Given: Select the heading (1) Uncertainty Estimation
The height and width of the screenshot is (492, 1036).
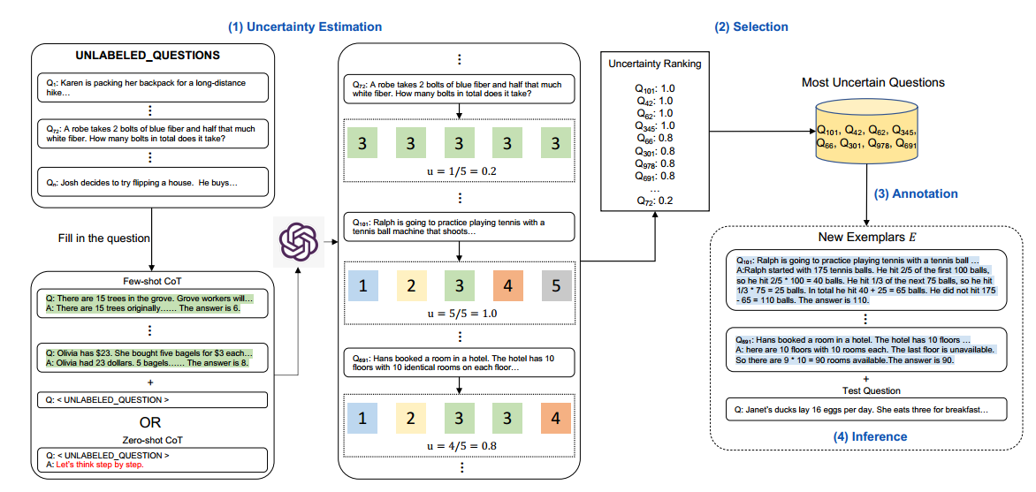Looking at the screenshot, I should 305,27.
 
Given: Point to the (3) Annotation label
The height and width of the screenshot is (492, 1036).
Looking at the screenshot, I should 917,193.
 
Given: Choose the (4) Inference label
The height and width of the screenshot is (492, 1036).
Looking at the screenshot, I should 870,436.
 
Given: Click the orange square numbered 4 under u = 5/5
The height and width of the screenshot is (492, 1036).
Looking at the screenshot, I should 507,285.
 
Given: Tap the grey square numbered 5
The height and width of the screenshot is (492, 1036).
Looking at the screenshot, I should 555,285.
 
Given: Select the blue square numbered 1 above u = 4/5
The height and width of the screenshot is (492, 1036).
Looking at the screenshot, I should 362,417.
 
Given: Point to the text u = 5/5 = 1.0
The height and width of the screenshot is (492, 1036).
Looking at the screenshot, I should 459,313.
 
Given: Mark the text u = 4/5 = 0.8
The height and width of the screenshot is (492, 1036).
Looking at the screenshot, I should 459,444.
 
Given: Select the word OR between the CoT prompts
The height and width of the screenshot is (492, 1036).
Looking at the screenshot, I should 151,423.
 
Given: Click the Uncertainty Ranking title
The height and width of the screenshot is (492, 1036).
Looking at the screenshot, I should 654,64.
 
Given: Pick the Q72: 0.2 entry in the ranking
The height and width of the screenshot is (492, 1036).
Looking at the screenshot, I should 654,201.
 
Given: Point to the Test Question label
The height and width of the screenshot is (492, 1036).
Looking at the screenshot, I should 870,390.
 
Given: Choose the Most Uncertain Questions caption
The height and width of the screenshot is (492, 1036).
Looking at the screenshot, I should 872,82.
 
